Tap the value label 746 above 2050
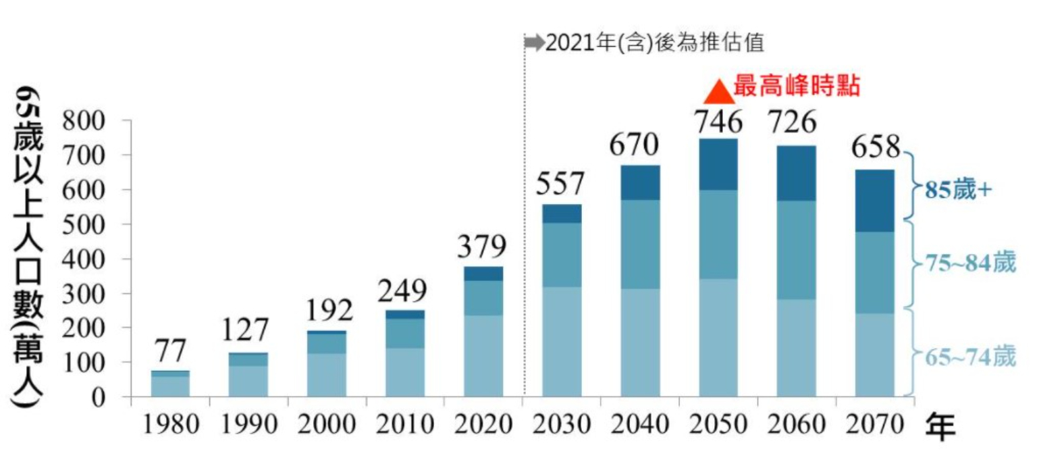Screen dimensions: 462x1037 pyautogui.click(x=718, y=122)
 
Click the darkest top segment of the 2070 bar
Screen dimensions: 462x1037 pyautogui.click(x=874, y=201)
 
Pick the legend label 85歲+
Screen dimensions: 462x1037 pyautogui.click(x=958, y=190)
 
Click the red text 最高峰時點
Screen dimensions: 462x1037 pyautogui.click(x=797, y=86)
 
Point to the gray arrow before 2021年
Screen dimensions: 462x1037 pyautogui.click(x=534, y=43)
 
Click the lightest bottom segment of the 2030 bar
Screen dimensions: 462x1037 pyautogui.click(x=562, y=341)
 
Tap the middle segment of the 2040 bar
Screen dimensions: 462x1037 pyautogui.click(x=640, y=244)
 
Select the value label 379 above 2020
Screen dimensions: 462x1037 pyautogui.click(x=483, y=247)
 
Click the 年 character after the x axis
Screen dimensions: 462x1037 pyautogui.click(x=940, y=427)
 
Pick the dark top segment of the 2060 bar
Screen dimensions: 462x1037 pyautogui.click(x=796, y=173)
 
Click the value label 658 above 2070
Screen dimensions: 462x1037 pyautogui.click(x=876, y=146)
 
